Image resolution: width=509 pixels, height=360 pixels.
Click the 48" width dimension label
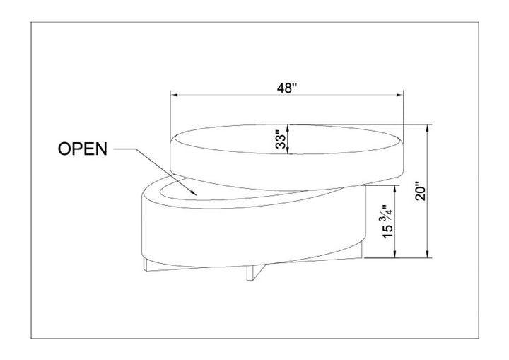287,88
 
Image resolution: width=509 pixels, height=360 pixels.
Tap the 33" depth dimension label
281,139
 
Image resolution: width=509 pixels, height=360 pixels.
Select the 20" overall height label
421,193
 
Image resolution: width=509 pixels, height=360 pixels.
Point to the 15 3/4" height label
388,222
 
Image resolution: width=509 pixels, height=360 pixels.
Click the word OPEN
83,149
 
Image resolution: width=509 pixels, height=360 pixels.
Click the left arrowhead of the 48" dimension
175,95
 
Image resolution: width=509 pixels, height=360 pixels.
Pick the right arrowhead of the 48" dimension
399,95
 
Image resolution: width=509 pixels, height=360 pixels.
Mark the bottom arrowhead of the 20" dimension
428,254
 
